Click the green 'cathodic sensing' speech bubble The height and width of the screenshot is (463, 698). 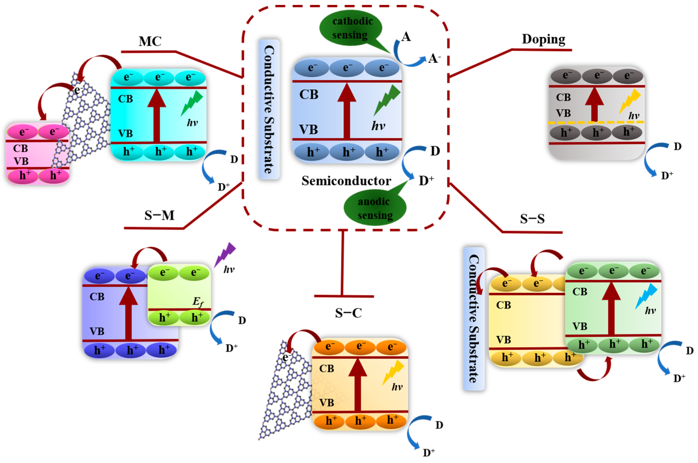point(351,28)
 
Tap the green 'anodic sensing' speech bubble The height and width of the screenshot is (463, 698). point(375,208)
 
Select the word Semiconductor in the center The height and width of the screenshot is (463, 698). point(346,181)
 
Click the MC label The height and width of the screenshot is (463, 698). point(150,41)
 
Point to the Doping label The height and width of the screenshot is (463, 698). point(543,39)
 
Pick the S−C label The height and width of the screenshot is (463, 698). point(348,313)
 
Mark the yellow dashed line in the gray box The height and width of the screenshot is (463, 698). point(595,122)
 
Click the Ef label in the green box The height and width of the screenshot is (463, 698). point(198,302)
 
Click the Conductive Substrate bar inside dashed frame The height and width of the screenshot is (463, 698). point(269,109)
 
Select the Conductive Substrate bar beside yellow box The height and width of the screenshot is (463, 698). point(474,319)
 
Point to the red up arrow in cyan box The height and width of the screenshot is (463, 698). point(156,115)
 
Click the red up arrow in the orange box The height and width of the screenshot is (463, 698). point(358,384)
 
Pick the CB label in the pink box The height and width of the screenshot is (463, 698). point(20,148)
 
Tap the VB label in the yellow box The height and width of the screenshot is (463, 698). point(503,340)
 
